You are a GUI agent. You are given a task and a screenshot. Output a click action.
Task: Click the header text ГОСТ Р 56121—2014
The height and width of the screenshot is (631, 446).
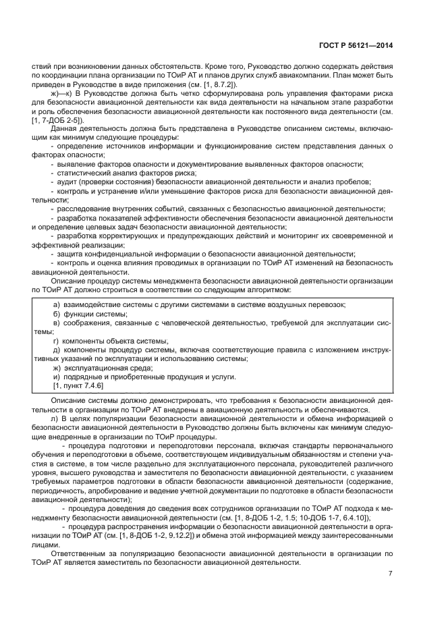click(356, 45)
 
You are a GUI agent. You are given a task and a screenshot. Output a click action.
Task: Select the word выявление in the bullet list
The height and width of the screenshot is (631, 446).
click(76, 164)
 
